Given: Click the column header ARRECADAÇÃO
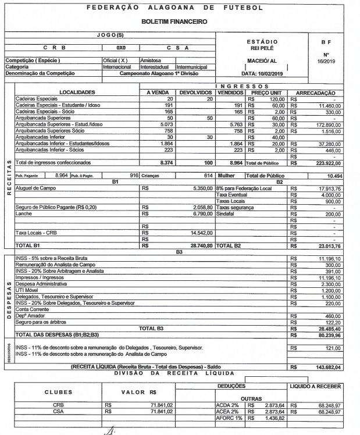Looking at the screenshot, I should (321, 92).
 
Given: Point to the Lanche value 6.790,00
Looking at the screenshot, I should (201, 215).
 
